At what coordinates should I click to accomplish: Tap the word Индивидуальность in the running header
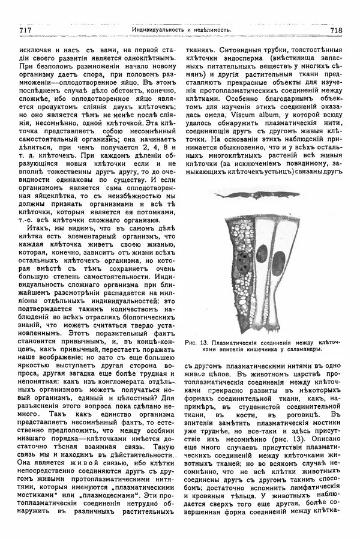(159, 30)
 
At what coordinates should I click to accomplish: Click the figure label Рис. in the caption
(192, 342)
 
